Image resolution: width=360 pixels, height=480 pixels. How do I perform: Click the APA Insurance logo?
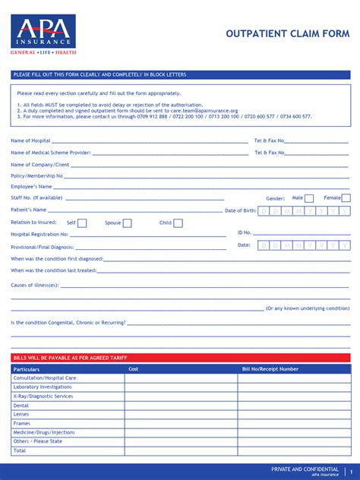coord(43,34)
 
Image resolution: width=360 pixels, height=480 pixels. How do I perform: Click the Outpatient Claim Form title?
coord(288,33)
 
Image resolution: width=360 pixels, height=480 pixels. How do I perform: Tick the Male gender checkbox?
coord(309,198)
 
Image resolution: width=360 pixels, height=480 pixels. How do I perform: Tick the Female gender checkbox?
coord(346,198)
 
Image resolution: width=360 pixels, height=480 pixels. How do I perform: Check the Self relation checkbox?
coord(82,223)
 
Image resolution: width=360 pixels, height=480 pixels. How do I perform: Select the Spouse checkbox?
coord(127,223)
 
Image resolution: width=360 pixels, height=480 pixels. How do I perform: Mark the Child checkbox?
coord(178,223)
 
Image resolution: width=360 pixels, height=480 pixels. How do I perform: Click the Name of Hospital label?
coord(30,141)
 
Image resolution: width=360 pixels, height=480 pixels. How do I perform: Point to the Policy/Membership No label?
coord(37,175)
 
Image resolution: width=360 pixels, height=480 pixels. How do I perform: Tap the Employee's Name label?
coord(31,187)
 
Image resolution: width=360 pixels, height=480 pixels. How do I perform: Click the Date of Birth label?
coord(240,210)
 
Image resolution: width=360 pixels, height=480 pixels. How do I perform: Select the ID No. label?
coord(244,232)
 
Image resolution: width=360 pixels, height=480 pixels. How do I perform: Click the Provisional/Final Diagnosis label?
coord(43,247)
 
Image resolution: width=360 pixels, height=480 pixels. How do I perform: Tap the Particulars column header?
coord(27,369)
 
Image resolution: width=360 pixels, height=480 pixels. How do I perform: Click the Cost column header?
coord(133,369)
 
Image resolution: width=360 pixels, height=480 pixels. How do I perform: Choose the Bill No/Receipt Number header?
coord(270,369)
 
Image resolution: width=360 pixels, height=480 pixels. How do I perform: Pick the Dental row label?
coord(21,406)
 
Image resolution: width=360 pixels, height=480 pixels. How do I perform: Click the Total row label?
coord(20,450)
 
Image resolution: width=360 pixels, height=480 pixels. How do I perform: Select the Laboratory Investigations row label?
coord(43,387)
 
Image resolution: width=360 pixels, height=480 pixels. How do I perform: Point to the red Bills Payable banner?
coord(181,358)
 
